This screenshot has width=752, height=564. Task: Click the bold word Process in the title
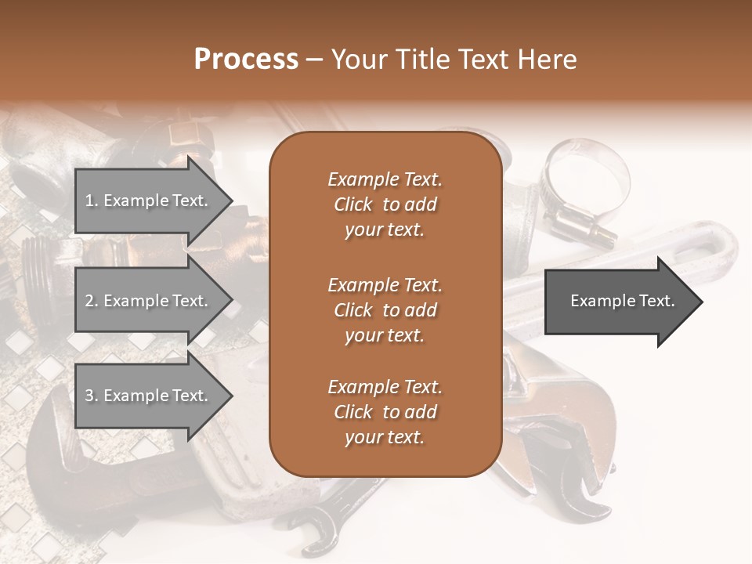pyautogui.click(x=246, y=60)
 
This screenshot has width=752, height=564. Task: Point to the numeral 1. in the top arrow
pyautogui.click(x=91, y=201)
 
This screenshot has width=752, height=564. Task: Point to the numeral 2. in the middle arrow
pyautogui.click(x=91, y=301)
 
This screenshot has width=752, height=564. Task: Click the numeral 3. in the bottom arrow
pyautogui.click(x=91, y=396)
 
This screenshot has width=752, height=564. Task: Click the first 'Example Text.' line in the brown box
pyautogui.click(x=385, y=179)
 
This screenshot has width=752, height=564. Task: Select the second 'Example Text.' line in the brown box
pyautogui.click(x=385, y=284)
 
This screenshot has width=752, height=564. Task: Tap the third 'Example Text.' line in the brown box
pyautogui.click(x=385, y=387)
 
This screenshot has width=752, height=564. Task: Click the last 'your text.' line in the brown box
pyautogui.click(x=385, y=438)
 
